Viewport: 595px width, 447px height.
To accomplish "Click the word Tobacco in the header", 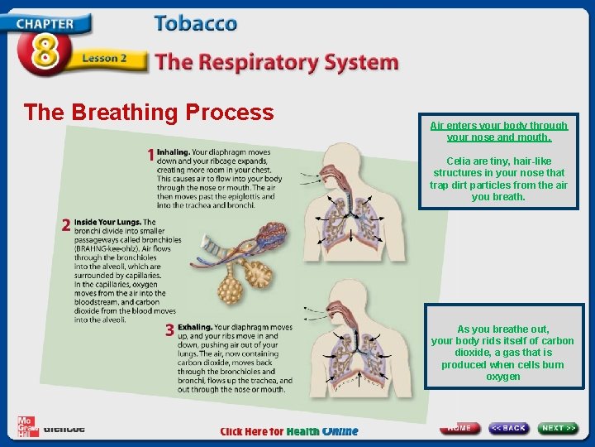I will click(x=195, y=24).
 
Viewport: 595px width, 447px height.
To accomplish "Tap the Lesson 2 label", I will click(x=104, y=60).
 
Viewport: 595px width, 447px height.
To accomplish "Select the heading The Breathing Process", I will click(x=149, y=112).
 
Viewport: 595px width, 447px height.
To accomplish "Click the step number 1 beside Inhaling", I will click(x=150, y=155).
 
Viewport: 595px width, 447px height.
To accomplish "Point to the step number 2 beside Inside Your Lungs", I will click(x=65, y=224).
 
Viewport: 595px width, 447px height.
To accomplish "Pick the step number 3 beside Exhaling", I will click(x=169, y=330).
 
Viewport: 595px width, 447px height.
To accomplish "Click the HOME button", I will click(x=460, y=428).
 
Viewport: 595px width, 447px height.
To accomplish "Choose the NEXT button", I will click(x=559, y=428).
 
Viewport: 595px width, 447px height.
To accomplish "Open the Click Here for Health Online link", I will click(x=289, y=431).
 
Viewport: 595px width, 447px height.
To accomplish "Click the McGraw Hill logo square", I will click(x=28, y=425).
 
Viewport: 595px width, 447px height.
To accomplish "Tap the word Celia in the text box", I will click(x=459, y=161).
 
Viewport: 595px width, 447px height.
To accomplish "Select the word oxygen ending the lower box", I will click(x=502, y=377).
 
